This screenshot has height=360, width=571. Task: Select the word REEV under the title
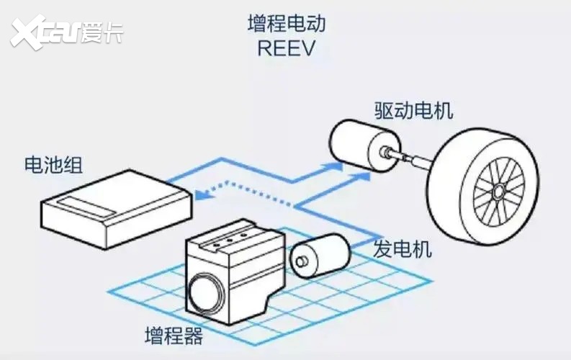pyautogui.click(x=286, y=49)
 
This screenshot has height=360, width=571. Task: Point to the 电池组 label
pyautogui.click(x=52, y=165)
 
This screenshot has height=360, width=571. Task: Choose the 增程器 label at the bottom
pyautogui.click(x=173, y=336)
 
